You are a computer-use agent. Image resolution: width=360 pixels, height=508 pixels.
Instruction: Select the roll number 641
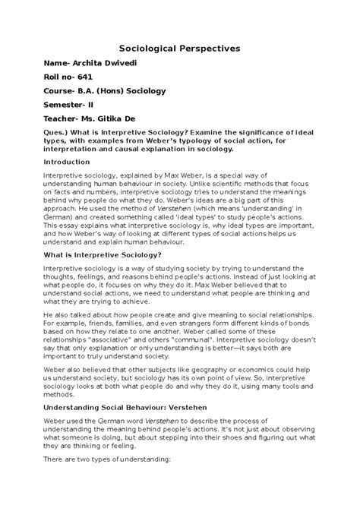pyautogui.click(x=92, y=82)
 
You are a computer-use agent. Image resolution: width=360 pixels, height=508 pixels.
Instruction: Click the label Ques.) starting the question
pyautogui.click(x=59, y=153)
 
